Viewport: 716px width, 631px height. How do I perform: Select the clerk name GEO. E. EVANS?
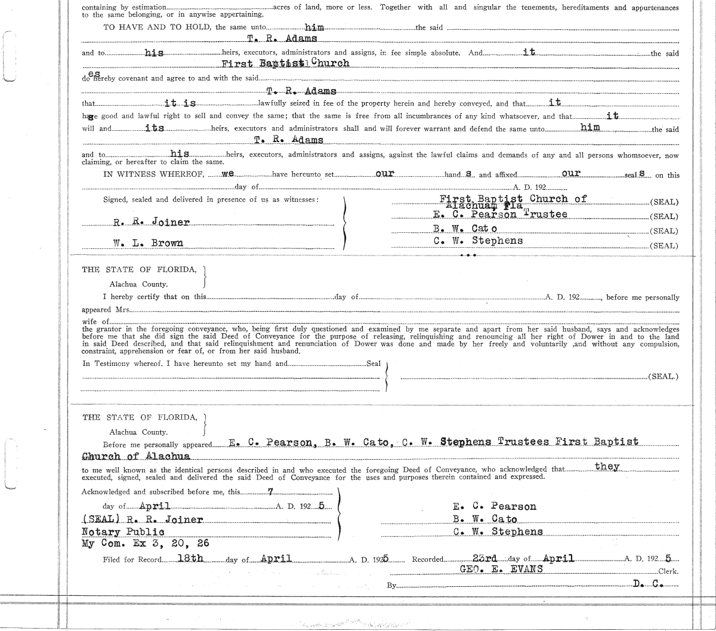point(501,569)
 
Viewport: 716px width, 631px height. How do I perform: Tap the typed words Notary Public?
point(123,532)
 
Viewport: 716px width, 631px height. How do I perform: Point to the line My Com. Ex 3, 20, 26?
point(145,544)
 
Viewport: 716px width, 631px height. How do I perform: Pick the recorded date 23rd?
point(484,558)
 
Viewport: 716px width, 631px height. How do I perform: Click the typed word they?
point(607,466)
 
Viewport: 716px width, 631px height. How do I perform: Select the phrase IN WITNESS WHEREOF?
point(153,175)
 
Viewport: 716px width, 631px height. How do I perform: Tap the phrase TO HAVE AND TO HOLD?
point(158,27)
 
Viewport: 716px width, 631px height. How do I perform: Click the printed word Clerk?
point(668,571)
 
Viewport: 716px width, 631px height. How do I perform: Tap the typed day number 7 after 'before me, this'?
point(270,491)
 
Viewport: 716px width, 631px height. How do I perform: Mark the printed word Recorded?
point(428,559)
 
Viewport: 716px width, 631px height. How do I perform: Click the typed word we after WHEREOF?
point(227,174)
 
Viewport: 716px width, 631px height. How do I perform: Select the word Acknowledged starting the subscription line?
point(106,492)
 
